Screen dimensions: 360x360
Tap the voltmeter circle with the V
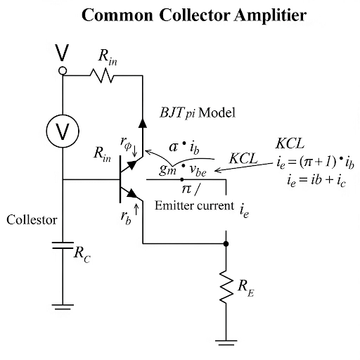(x=63, y=130)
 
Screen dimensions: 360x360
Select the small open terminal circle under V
(x=63, y=71)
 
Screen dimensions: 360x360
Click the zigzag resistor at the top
(x=103, y=75)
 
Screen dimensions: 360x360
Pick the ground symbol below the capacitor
(x=63, y=307)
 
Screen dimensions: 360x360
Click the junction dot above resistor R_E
(x=226, y=244)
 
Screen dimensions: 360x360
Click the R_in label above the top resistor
(x=108, y=58)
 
